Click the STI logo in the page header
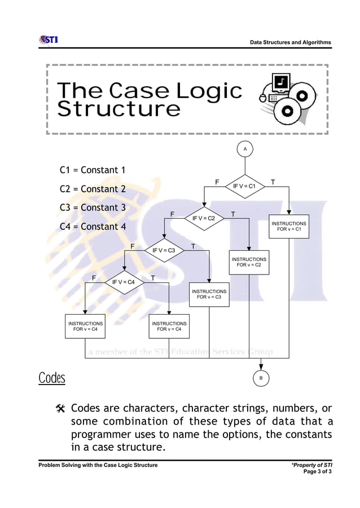48,39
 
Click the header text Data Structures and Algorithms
290,43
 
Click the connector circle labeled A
245,149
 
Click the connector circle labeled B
261,378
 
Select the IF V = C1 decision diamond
244,186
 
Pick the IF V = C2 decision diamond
204,218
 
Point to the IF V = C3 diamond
164,250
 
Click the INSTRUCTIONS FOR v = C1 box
289,227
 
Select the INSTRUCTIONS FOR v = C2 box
248,262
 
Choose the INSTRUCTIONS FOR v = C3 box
209,294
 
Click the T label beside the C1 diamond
273,182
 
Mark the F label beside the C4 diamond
94,278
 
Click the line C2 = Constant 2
93,189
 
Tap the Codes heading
52,378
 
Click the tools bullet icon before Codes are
61,408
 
